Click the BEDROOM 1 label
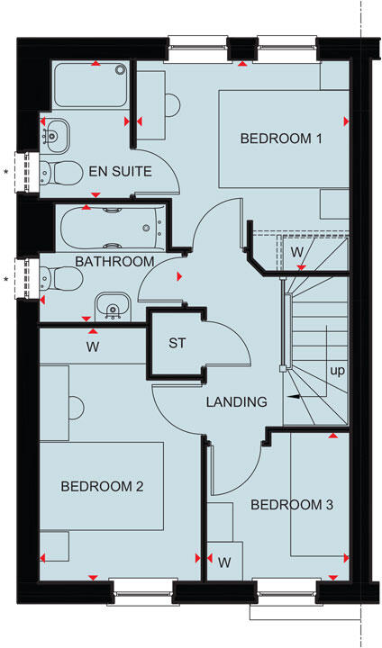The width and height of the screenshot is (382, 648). (280, 139)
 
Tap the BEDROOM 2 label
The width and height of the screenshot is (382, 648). (102, 487)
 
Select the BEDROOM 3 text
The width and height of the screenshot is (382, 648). (292, 505)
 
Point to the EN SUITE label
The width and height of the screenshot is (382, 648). (119, 171)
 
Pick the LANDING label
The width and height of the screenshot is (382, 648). (235, 401)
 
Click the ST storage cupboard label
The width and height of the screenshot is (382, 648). (177, 343)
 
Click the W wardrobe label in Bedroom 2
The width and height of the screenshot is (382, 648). (92, 346)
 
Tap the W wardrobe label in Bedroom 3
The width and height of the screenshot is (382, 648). (224, 562)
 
